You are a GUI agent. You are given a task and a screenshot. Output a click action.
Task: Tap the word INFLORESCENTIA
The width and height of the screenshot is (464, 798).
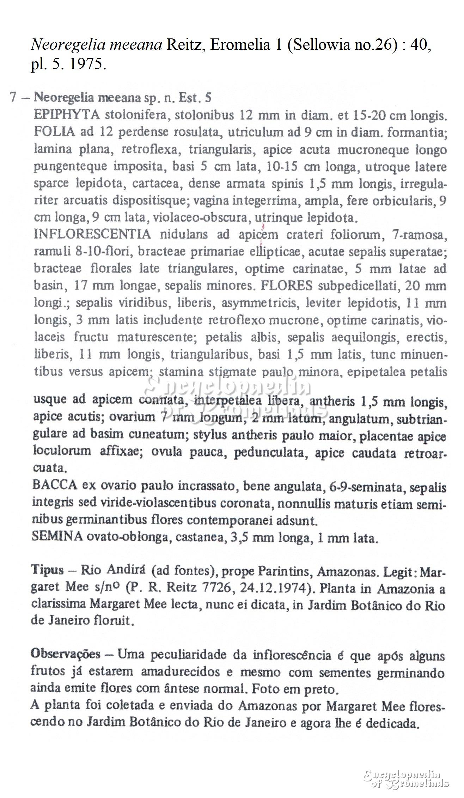tap(92, 234)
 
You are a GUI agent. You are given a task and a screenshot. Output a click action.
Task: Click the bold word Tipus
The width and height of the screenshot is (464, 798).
tap(48, 570)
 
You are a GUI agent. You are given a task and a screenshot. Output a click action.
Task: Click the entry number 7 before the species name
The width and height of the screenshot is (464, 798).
tap(13, 97)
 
